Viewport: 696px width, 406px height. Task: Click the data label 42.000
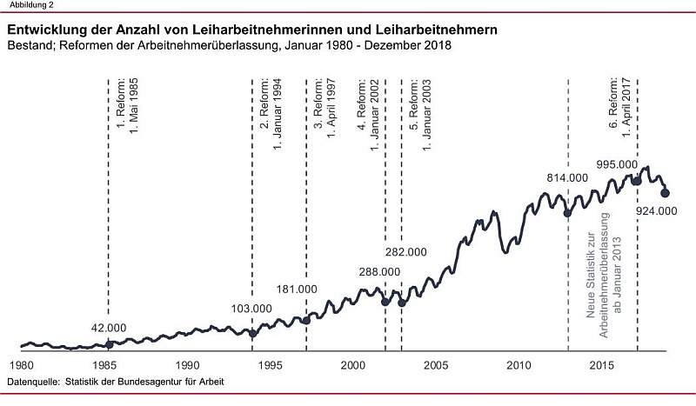click(x=109, y=328)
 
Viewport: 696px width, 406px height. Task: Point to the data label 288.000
click(x=379, y=272)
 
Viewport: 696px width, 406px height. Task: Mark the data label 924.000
click(x=657, y=211)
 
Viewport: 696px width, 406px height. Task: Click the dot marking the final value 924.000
click(x=666, y=193)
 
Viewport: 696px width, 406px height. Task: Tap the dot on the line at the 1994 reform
click(x=253, y=333)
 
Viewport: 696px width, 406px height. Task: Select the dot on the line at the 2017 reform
click(x=636, y=180)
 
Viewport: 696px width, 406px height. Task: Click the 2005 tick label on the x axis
click(x=436, y=364)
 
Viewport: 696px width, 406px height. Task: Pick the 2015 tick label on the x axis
click(x=602, y=364)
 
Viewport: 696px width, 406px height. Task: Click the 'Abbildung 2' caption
click(x=26, y=5)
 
